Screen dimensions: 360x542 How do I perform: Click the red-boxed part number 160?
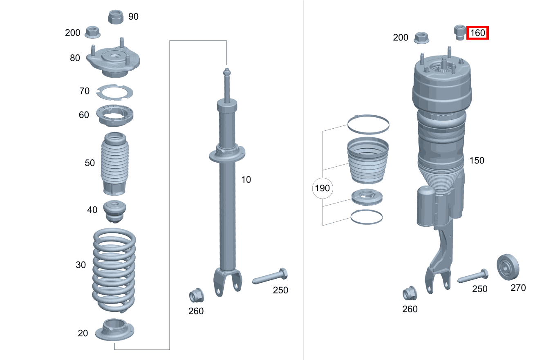[478, 33]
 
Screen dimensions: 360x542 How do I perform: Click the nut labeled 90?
[116, 17]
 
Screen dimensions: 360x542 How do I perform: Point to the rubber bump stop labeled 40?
[114, 211]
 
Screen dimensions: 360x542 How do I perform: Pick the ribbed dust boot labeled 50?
[114, 163]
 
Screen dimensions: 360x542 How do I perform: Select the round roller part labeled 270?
[508, 267]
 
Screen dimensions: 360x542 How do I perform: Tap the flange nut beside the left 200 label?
[92, 31]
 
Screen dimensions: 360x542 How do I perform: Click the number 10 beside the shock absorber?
[246, 179]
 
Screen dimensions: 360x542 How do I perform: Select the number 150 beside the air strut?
[477, 161]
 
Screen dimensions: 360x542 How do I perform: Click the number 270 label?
[518, 288]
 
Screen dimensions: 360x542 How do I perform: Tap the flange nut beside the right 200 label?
[421, 38]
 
